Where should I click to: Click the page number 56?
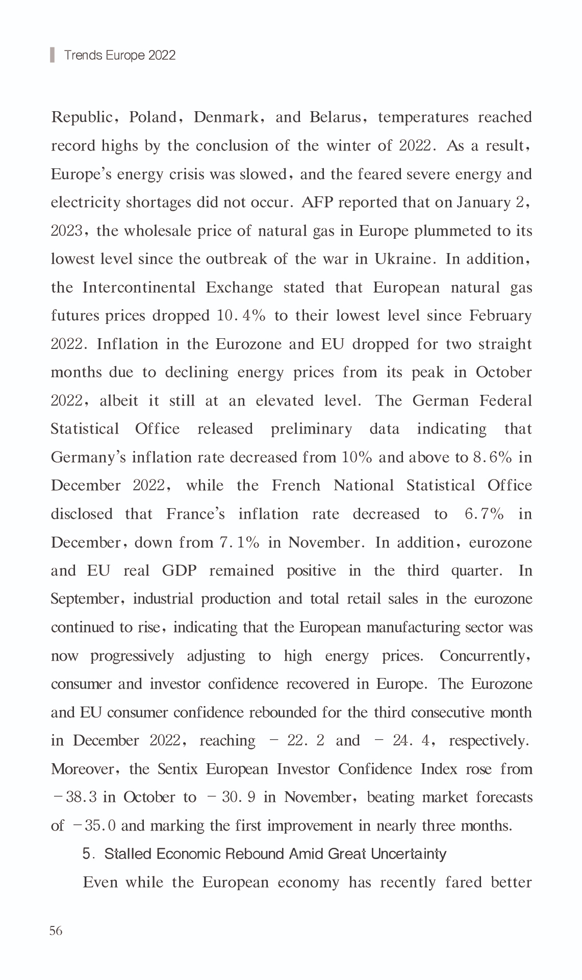pos(56,931)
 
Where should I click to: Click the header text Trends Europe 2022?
pos(120,55)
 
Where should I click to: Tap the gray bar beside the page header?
pos(52,55)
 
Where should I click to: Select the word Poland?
pos(153,117)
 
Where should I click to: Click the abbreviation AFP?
pos(317,203)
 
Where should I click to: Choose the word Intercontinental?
pos(139,288)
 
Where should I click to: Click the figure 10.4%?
pos(241,316)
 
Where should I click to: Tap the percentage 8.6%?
pos(492,457)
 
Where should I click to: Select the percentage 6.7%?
pos(484,514)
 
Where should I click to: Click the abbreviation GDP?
pos(179,570)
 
